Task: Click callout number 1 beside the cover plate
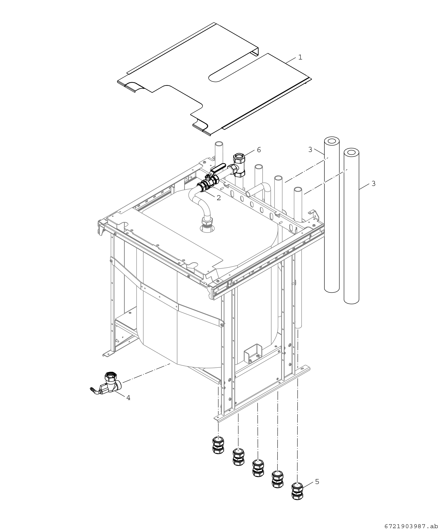(300, 57)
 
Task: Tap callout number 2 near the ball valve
(218, 198)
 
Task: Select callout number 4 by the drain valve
(128, 398)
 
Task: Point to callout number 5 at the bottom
(317, 481)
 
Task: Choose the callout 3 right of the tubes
(373, 184)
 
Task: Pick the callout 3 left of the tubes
(310, 150)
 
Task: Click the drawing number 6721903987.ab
(411, 526)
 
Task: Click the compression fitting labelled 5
(297, 491)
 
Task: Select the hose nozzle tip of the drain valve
(91, 389)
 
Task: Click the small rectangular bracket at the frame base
(253, 353)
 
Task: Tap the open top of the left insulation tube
(332, 140)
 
